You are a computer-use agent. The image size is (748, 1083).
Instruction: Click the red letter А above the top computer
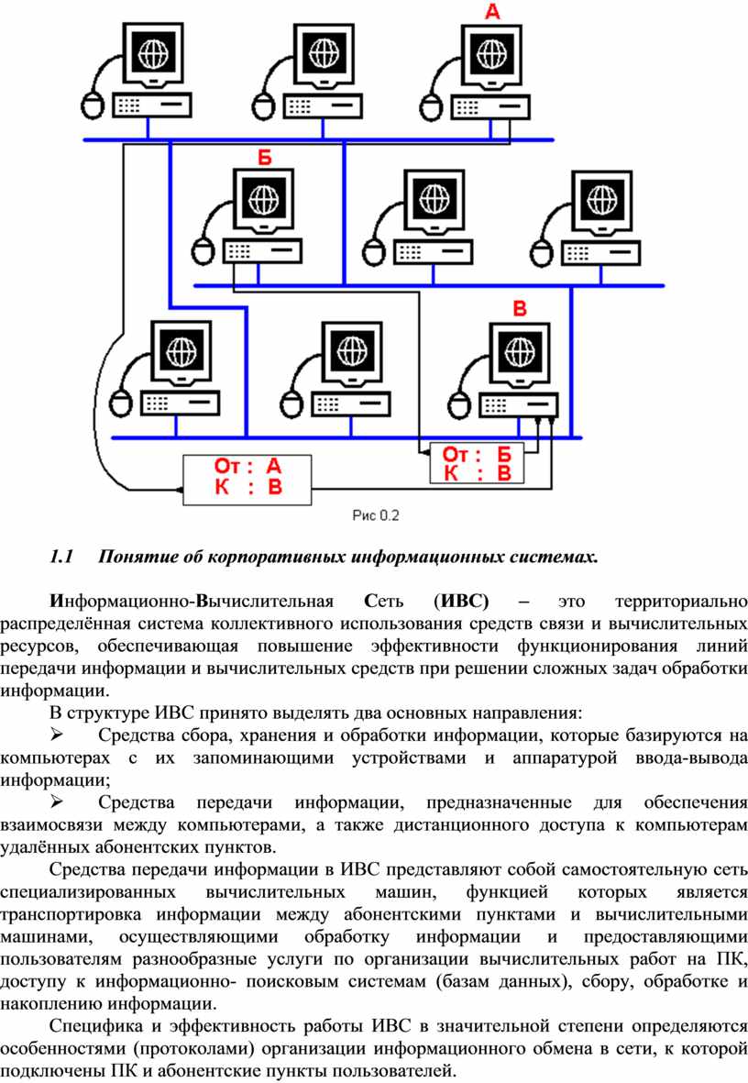pos(492,12)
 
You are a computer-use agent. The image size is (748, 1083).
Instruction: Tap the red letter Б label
pos(264,157)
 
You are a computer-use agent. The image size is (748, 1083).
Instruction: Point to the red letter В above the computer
pos(519,309)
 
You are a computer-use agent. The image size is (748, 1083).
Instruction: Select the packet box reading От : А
pos(248,477)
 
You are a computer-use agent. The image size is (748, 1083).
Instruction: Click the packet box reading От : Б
pos(477,464)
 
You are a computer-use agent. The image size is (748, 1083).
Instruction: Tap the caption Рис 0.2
pos(377,515)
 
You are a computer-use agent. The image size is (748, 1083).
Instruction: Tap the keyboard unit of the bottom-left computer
pos(180,402)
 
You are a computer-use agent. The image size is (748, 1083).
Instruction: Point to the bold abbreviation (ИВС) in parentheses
pos(459,602)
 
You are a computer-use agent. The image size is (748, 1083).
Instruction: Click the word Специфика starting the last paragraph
pos(92,1024)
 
